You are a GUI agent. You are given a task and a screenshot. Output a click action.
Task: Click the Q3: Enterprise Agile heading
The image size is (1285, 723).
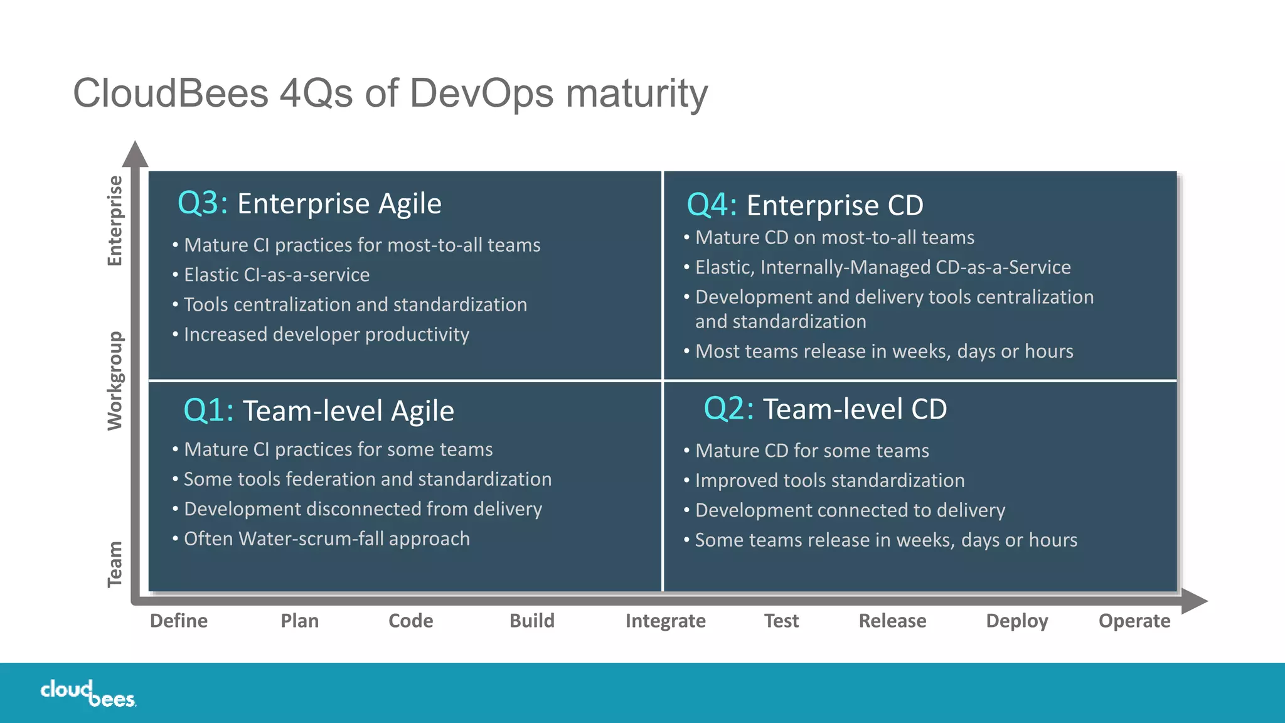click(309, 203)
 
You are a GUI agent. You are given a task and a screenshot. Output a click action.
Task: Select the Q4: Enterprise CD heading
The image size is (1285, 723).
click(805, 205)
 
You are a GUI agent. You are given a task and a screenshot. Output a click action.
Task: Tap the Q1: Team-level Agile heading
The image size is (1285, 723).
click(318, 411)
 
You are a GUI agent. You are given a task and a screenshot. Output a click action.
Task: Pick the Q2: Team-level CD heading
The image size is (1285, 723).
click(825, 409)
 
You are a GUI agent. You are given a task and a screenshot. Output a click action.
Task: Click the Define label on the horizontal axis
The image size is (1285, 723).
click(179, 621)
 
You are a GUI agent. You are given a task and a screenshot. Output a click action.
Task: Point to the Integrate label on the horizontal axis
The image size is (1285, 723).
click(665, 621)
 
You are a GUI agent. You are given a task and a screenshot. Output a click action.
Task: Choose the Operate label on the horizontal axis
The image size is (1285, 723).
click(1134, 621)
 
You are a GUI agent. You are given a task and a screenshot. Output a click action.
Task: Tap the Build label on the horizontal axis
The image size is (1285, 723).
click(532, 621)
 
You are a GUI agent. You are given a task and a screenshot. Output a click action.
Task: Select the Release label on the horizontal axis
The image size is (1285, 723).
click(892, 621)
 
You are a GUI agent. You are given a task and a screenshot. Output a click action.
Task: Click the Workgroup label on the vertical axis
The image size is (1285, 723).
click(115, 380)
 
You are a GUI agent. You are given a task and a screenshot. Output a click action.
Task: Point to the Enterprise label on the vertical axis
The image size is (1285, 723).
click(115, 221)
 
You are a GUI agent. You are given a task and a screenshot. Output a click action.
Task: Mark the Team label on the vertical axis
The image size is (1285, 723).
click(115, 564)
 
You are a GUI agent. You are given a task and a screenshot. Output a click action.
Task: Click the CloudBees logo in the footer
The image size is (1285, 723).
click(88, 694)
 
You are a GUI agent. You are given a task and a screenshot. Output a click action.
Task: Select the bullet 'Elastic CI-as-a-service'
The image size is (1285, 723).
click(276, 275)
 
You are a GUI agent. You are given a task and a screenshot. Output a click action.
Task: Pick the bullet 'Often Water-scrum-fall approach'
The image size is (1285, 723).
click(326, 538)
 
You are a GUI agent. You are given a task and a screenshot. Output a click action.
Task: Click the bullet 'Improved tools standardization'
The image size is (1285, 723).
click(829, 480)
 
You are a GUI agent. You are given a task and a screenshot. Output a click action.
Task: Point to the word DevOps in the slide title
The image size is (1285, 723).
click(482, 94)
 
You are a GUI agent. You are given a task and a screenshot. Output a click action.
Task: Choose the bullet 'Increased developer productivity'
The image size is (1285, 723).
click(326, 335)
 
